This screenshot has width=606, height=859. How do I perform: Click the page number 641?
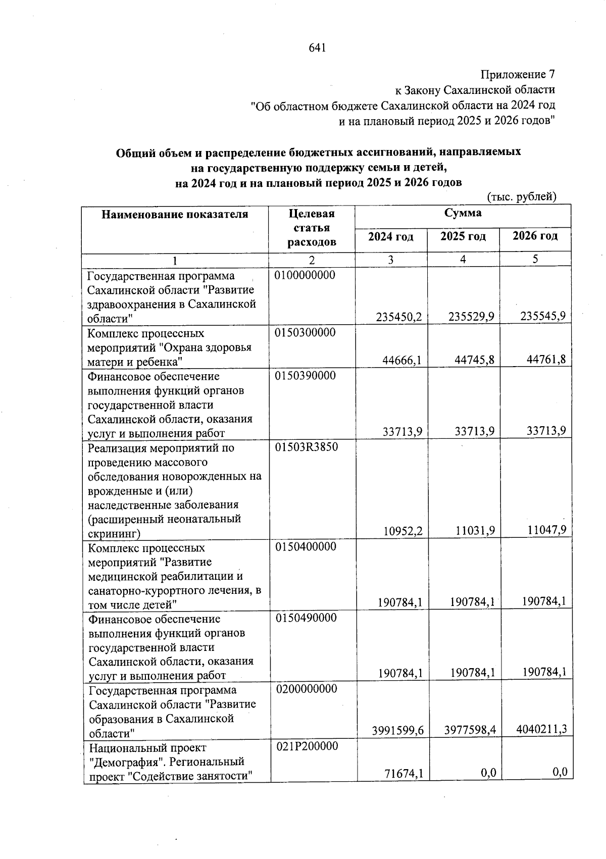[x=317, y=48]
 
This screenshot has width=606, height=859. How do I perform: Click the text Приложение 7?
[x=518, y=75]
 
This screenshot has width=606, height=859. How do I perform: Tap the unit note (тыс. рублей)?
[x=521, y=197]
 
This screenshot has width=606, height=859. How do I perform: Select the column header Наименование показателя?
[x=175, y=215]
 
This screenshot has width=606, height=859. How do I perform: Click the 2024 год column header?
[x=390, y=237]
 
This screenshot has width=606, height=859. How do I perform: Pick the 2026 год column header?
[x=535, y=236]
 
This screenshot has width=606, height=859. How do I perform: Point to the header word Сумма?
[x=463, y=213]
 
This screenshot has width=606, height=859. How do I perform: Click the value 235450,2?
[x=399, y=317]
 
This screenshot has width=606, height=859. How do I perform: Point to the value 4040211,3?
[x=541, y=729]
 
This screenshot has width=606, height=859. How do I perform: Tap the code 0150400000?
[x=306, y=547]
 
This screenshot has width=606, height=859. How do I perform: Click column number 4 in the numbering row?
[x=463, y=260]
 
